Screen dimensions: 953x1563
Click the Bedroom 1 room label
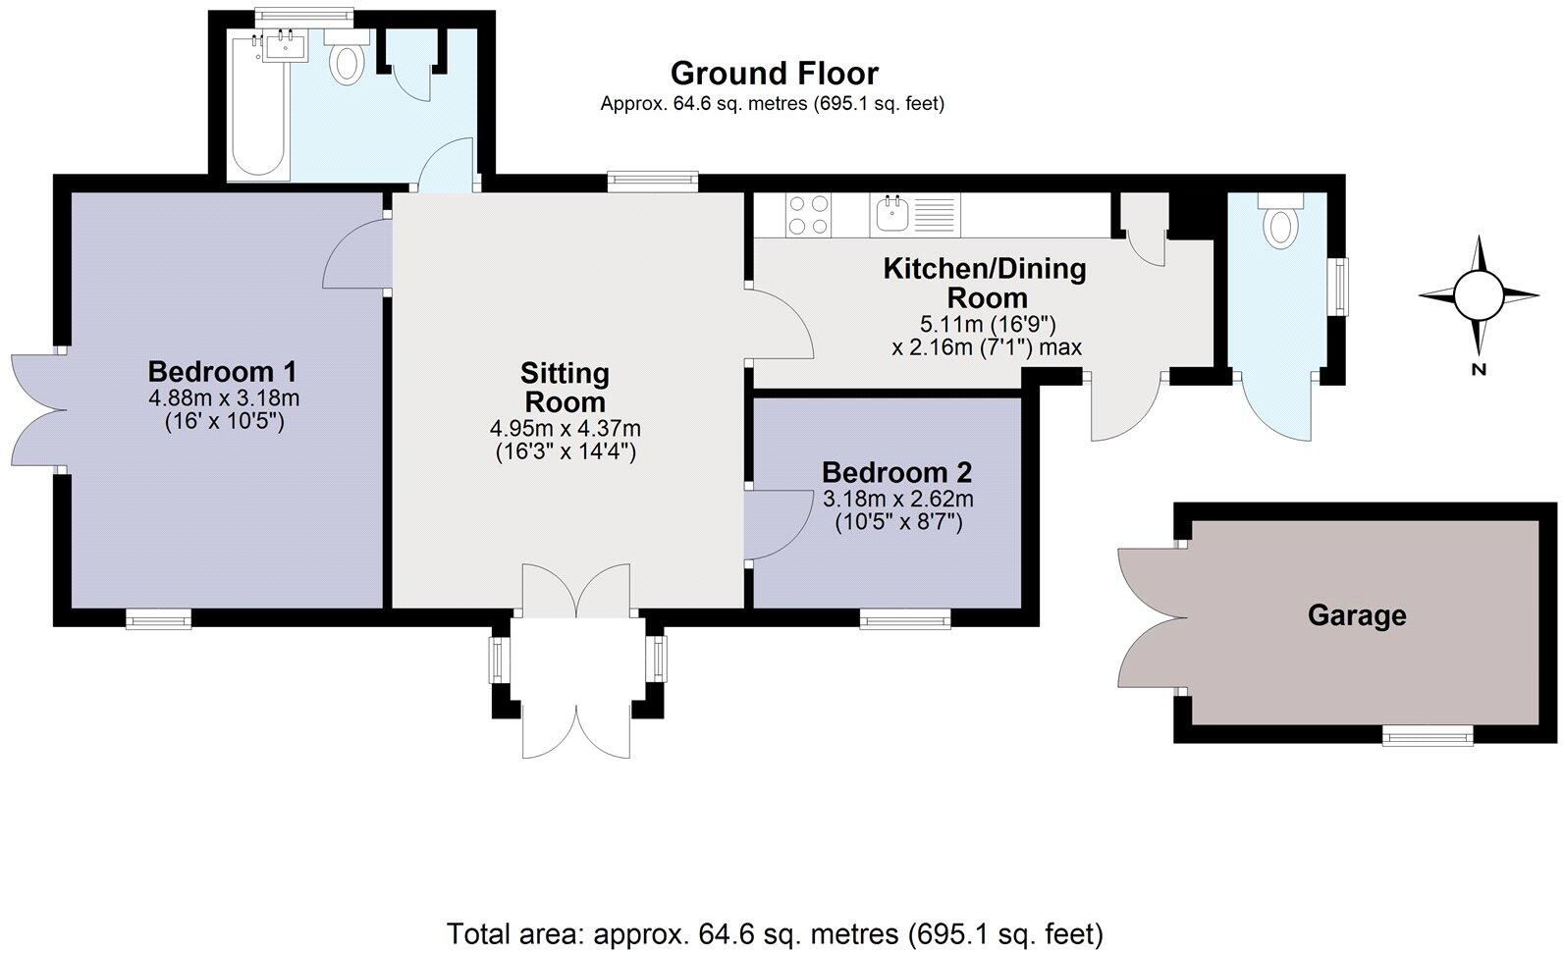(222, 372)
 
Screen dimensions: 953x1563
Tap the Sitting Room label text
(565, 388)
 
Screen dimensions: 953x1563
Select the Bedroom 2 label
(896, 472)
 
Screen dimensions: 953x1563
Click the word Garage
(1356, 615)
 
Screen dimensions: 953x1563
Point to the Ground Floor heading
(774, 74)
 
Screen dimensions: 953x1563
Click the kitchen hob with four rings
(808, 215)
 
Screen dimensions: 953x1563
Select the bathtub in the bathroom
(257, 104)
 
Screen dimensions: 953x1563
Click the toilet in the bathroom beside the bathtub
(346, 60)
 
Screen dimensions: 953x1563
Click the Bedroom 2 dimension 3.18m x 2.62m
(898, 499)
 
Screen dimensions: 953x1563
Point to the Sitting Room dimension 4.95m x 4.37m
(565, 429)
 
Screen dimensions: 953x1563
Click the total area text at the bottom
(775, 931)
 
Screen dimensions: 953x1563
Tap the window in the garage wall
(1428, 734)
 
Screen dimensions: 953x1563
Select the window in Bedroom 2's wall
(905, 617)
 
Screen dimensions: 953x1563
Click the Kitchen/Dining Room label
(985, 283)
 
